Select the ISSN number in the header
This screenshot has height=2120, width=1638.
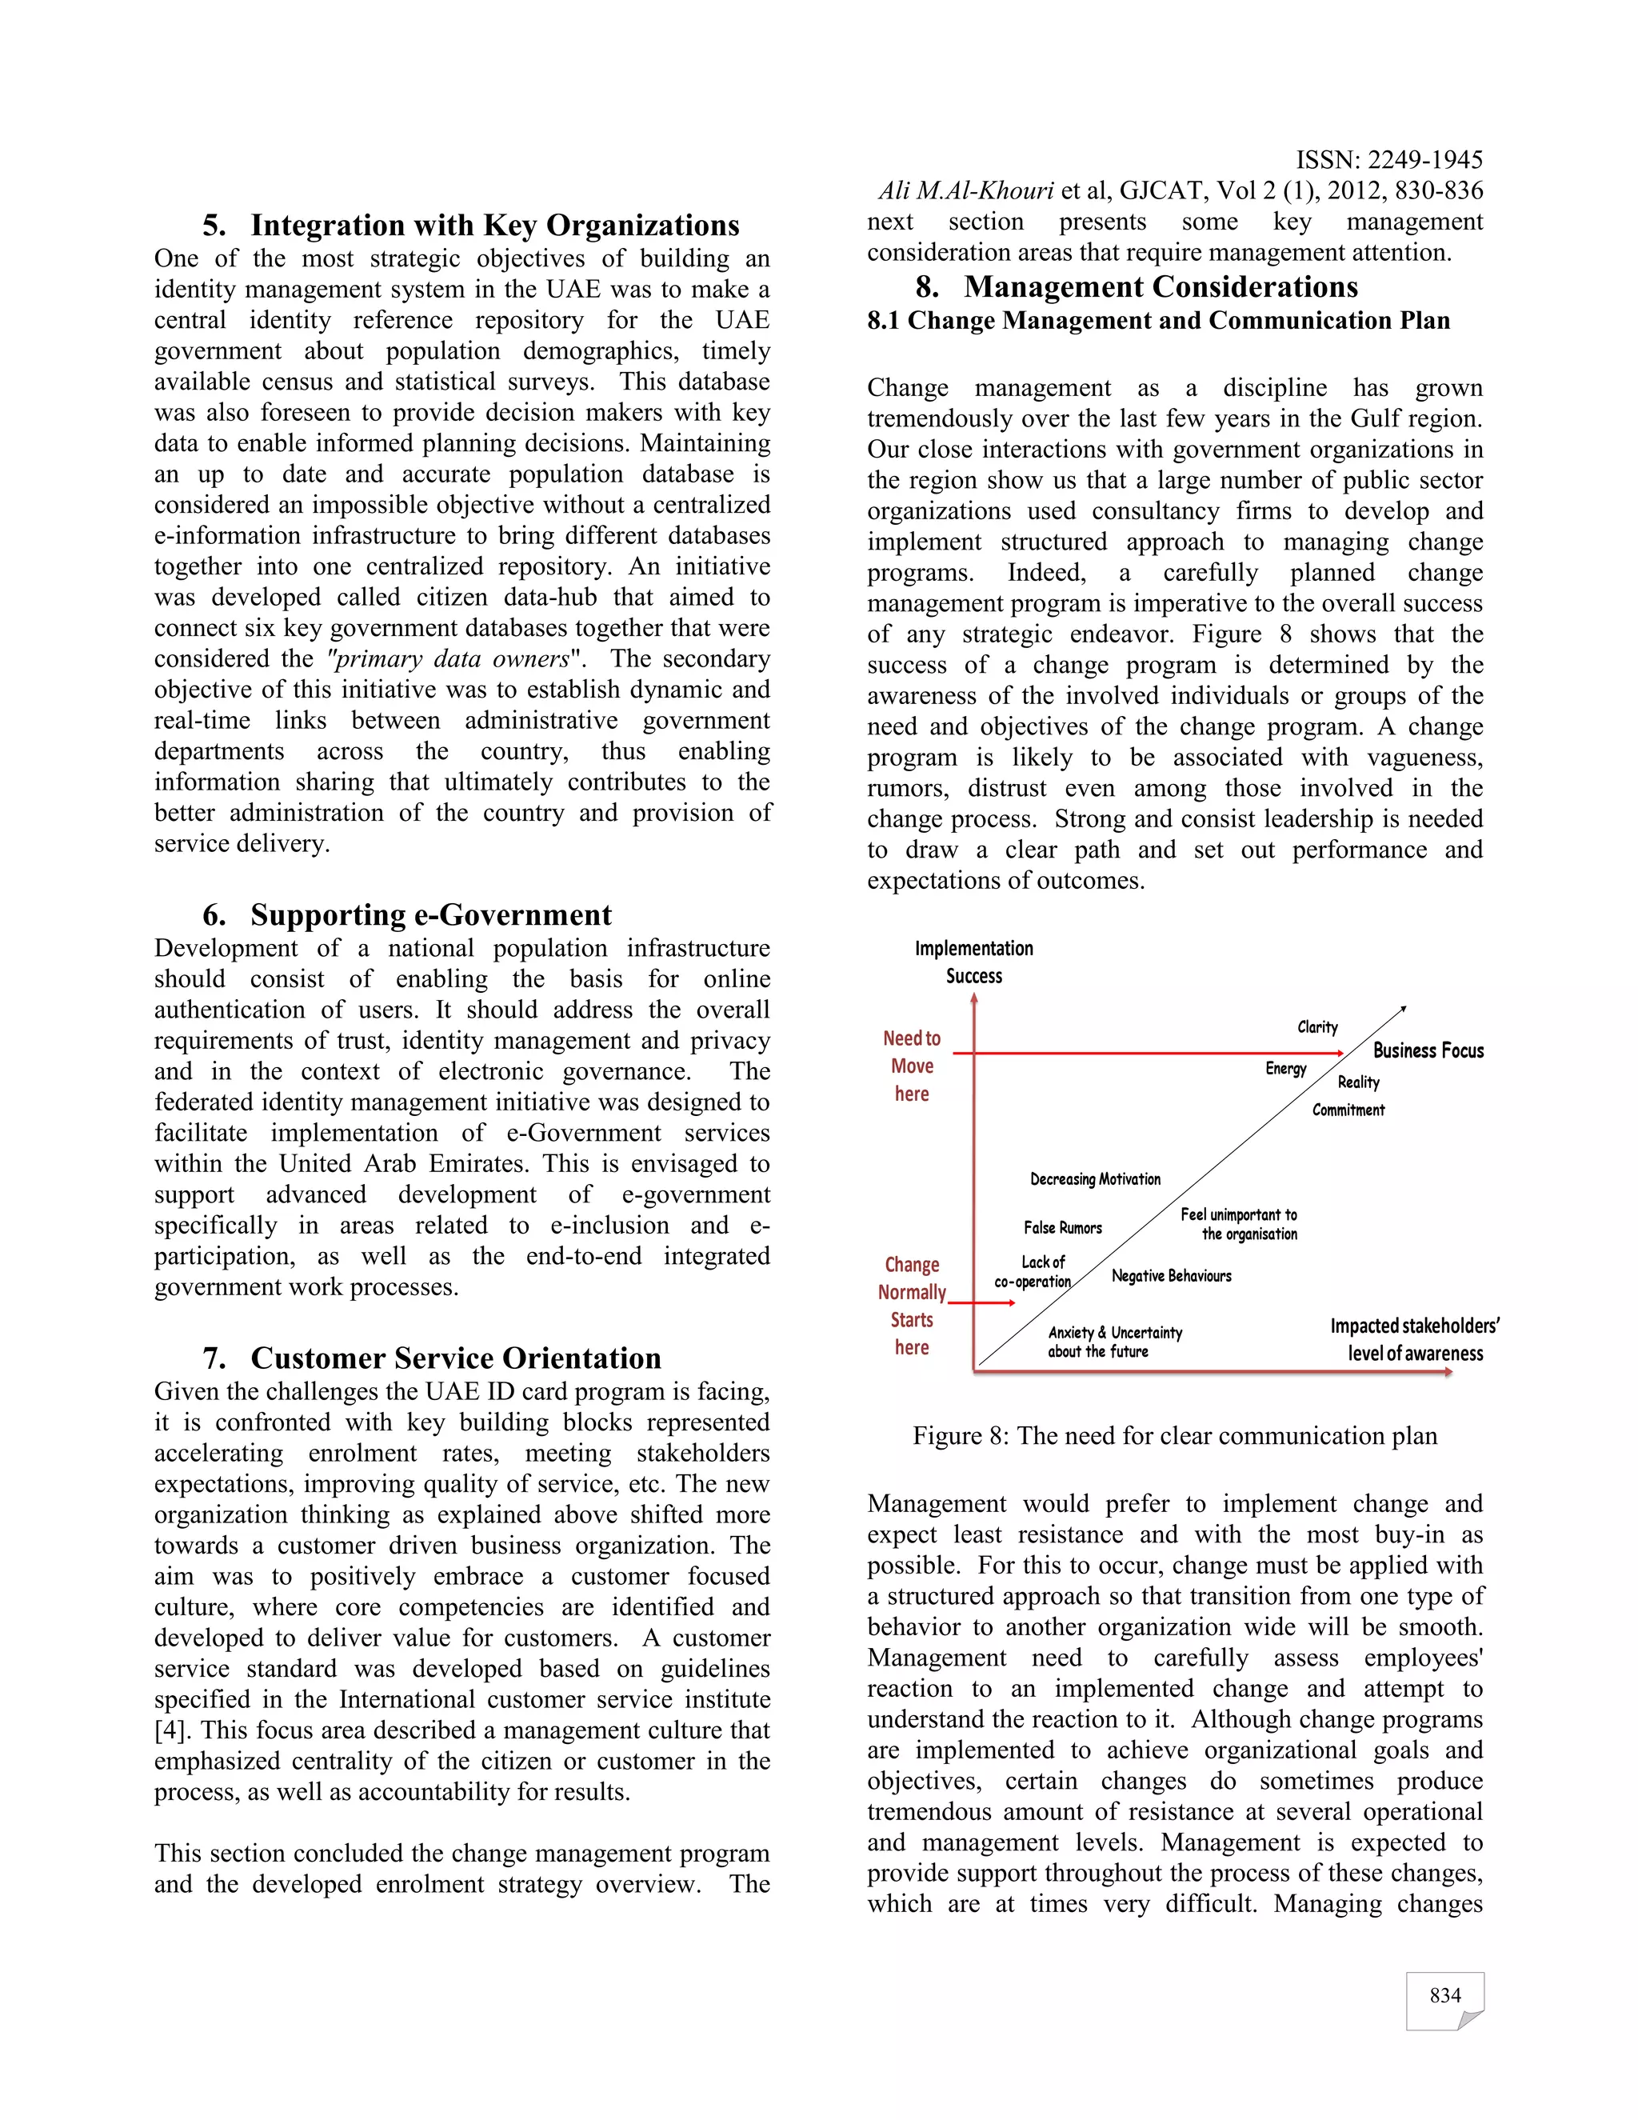coord(1388,159)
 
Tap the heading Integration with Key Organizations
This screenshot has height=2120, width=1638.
coord(470,226)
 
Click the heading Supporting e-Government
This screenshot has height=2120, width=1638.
coord(408,914)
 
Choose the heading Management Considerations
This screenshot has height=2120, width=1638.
coord(1137,286)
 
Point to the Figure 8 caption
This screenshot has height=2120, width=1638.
coord(1174,1436)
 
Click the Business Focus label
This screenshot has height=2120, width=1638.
coord(1428,1050)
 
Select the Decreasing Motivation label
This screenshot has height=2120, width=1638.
coord(1095,1178)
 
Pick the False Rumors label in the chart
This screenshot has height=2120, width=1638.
coord(1063,1228)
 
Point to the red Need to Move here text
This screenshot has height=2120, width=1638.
coord(911,1066)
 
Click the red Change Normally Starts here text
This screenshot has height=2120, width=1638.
coord(911,1306)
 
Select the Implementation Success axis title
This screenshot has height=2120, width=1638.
coord(973,962)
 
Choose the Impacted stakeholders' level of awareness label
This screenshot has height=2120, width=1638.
coord(1414,1339)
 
